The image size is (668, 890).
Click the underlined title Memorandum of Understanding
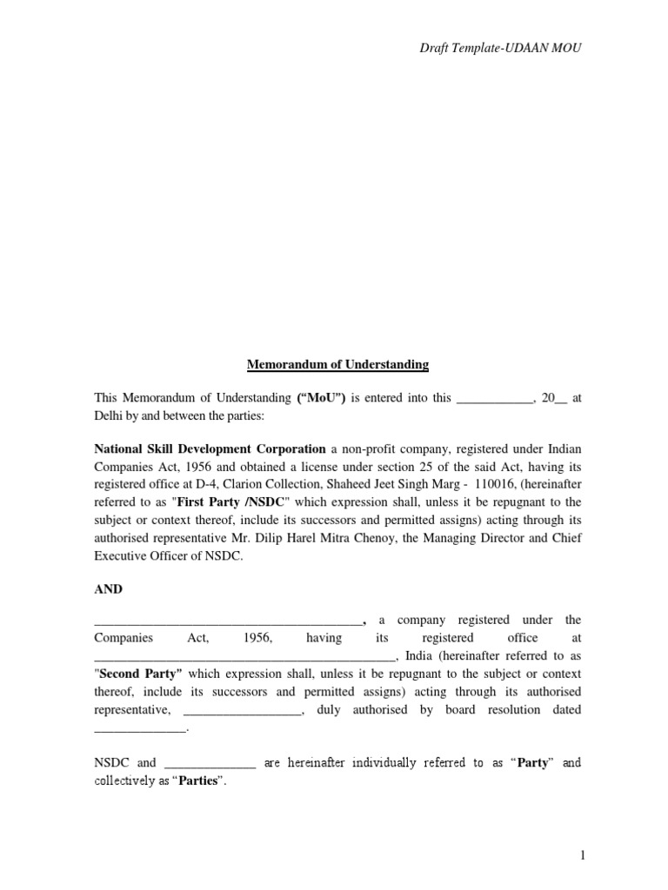[x=337, y=364]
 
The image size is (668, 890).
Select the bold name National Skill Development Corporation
[x=210, y=449]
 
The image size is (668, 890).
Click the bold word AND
[x=109, y=588]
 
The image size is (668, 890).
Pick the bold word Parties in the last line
[x=198, y=780]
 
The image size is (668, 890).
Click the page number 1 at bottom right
[x=584, y=855]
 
